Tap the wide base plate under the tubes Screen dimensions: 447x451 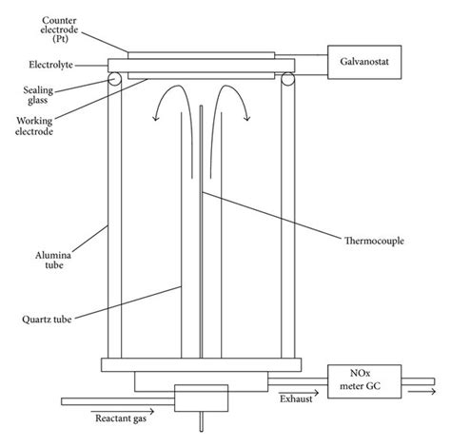pyautogui.click(x=200, y=363)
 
